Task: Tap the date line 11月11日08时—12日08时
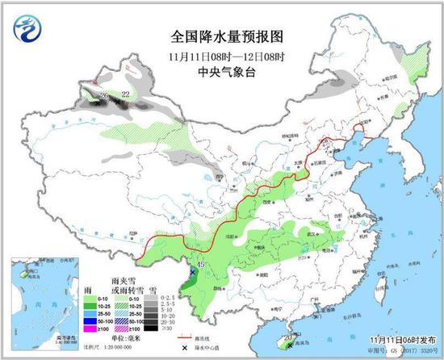click(221, 55)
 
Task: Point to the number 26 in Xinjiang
click(103, 96)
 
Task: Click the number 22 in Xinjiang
click(124, 94)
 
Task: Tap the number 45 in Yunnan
click(199, 262)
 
